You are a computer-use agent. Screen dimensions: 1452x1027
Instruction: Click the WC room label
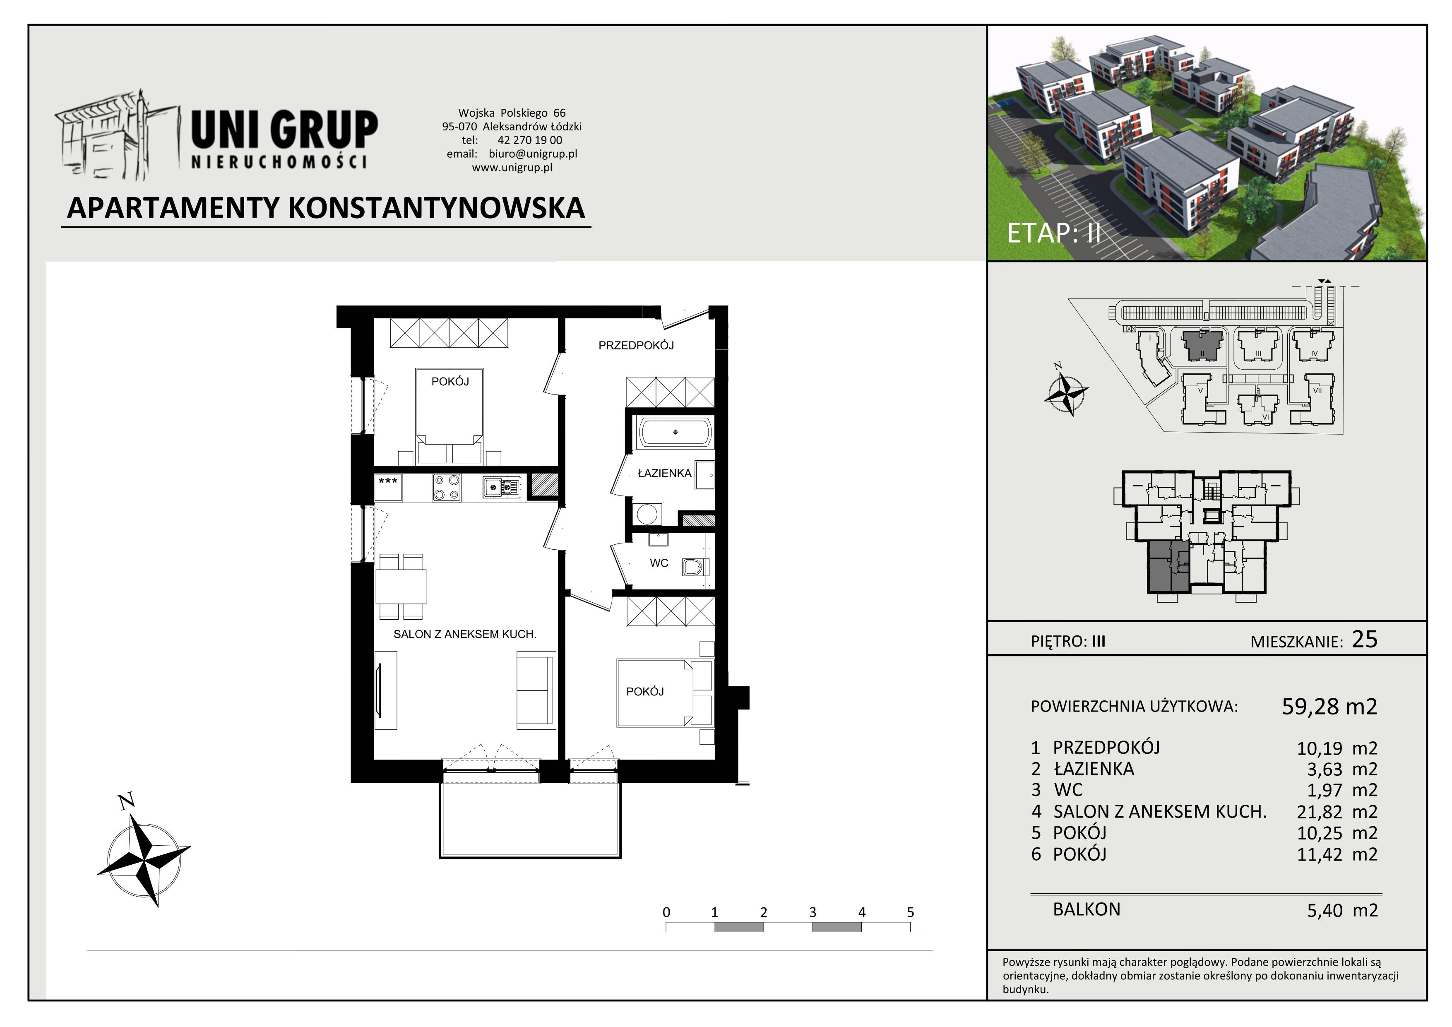[x=659, y=563]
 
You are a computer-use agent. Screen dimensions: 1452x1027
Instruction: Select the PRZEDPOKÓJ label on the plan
[x=636, y=345]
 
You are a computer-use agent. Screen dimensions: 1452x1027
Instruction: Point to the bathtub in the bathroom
[x=676, y=433]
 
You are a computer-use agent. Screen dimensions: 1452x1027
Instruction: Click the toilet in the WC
[x=695, y=567]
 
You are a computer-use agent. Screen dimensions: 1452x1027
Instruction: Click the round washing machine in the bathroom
[x=646, y=513]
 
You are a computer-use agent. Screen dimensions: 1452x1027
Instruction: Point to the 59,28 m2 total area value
[x=1329, y=706]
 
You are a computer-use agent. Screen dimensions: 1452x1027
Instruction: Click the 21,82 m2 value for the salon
[x=1337, y=812]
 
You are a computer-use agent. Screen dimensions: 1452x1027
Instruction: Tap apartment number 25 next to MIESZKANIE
[x=1364, y=640]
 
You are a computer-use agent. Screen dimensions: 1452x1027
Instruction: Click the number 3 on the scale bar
[x=813, y=912]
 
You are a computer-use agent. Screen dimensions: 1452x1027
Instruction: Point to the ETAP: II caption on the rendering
[x=1053, y=233]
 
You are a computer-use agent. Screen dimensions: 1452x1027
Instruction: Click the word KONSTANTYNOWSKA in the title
[x=436, y=208]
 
